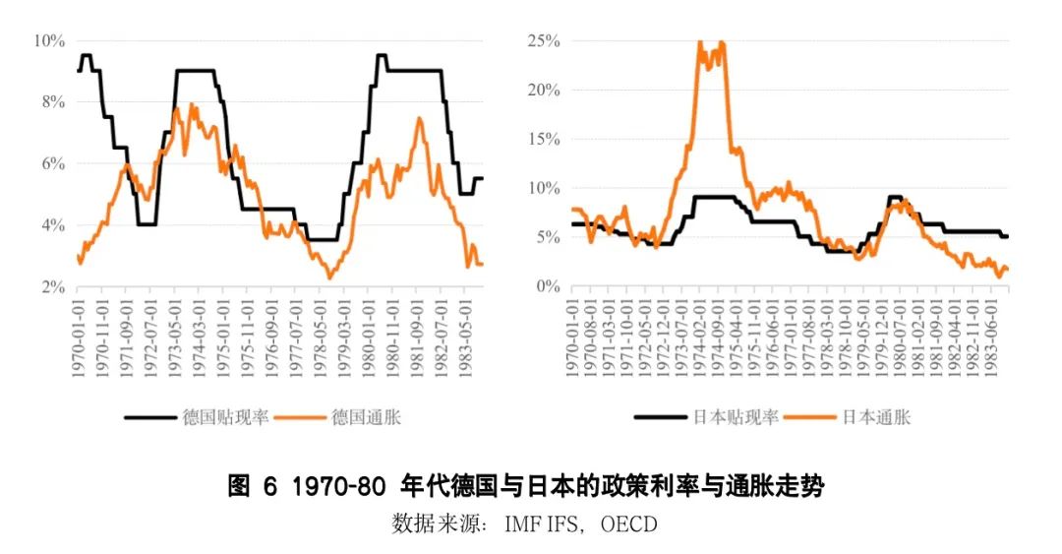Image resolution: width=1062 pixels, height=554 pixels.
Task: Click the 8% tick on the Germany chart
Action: point(50,101)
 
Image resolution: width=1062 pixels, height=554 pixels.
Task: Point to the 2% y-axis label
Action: point(50,286)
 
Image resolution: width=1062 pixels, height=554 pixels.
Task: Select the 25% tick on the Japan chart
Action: point(543,40)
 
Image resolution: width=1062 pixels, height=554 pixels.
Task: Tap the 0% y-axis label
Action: point(547,286)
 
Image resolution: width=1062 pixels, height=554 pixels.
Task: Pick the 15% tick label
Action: point(543,139)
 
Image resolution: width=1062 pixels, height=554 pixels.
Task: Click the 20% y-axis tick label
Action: point(543,90)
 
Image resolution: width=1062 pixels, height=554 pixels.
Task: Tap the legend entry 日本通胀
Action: point(876,417)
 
